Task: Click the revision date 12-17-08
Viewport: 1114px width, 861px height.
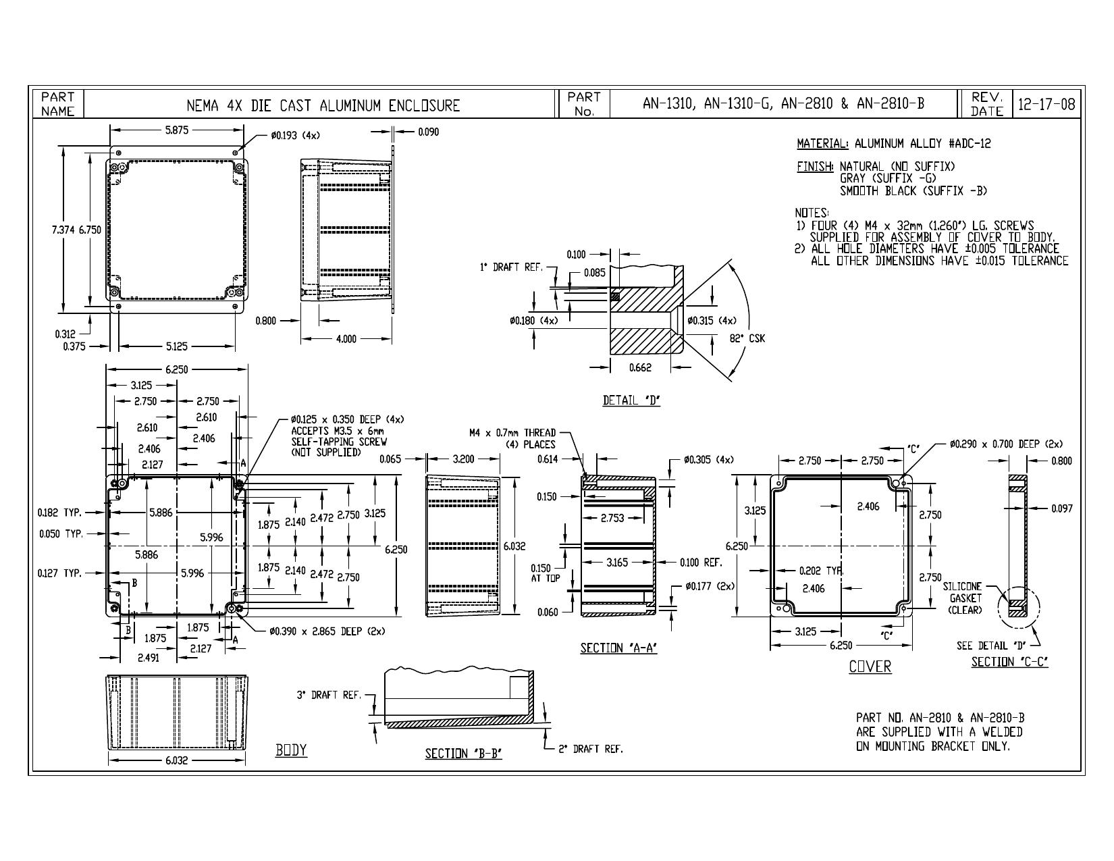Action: (x=1046, y=105)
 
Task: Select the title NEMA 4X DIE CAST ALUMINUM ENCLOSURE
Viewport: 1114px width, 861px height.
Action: (x=323, y=105)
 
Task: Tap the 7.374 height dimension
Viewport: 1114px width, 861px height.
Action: (x=63, y=230)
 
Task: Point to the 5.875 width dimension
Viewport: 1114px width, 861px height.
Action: (x=176, y=130)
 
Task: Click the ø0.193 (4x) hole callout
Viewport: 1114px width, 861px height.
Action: (x=296, y=135)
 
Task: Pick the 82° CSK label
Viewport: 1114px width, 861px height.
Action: (x=747, y=338)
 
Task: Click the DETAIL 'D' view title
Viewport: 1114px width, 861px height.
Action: (x=631, y=400)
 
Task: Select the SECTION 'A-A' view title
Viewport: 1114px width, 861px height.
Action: (x=618, y=648)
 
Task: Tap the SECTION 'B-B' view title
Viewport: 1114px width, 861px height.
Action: (x=463, y=754)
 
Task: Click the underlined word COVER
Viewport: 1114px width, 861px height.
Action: (x=870, y=667)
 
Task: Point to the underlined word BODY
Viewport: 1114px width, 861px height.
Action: (x=291, y=750)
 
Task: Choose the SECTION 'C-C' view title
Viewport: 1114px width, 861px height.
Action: (x=1009, y=662)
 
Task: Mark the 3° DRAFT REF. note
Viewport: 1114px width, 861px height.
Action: (x=329, y=695)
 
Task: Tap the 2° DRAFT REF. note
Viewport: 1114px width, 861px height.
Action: (x=591, y=749)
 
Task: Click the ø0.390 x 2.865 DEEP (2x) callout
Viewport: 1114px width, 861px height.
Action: (x=327, y=631)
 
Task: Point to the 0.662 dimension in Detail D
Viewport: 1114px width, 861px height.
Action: (x=640, y=367)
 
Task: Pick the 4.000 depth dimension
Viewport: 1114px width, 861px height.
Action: (x=346, y=339)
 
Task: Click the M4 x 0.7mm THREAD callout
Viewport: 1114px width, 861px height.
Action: (x=512, y=433)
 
